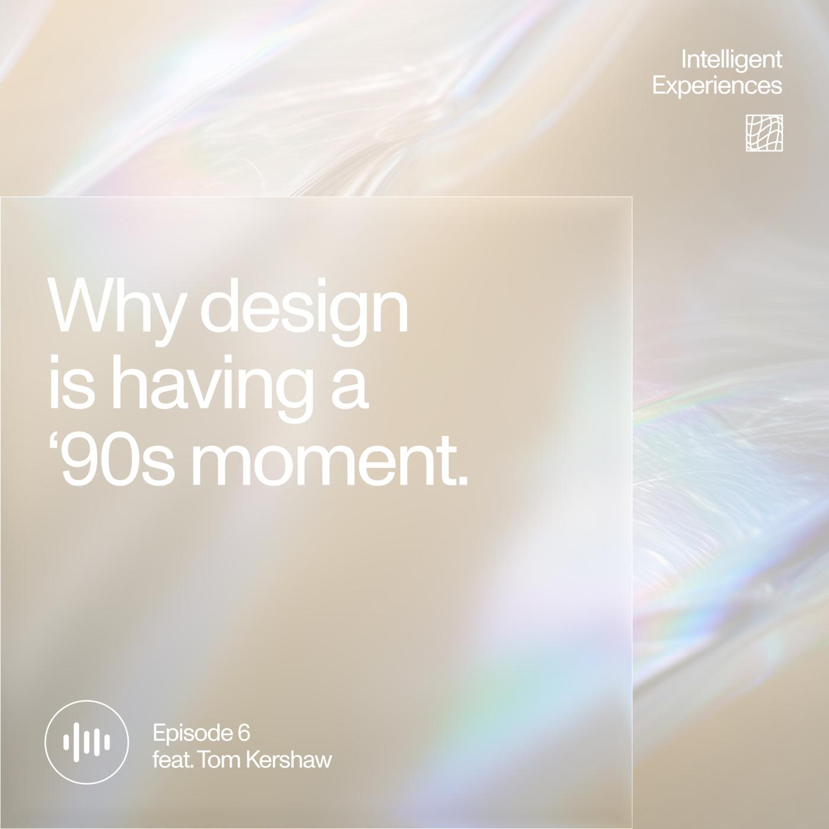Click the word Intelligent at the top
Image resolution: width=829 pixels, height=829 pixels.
[x=731, y=60]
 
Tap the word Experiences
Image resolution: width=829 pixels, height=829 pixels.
[x=717, y=86]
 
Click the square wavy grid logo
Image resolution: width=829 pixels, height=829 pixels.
[x=764, y=133]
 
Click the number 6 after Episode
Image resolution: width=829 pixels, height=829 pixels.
[x=243, y=732]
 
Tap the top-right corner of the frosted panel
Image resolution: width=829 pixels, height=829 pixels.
[x=632, y=197]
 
